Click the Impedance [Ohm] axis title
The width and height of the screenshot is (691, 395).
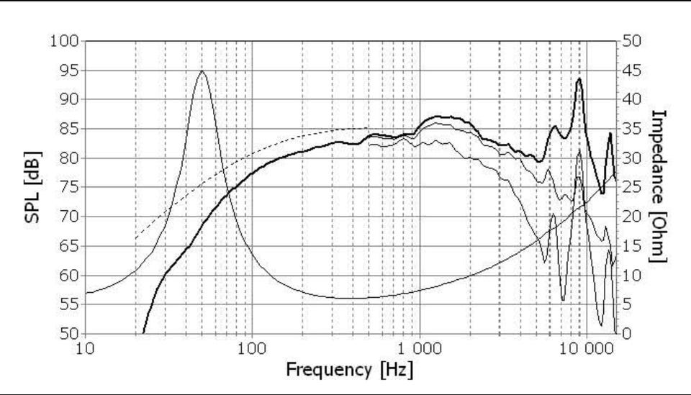(659, 186)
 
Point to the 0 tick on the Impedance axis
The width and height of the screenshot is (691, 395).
(627, 334)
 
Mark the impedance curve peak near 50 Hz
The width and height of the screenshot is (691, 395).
(202, 71)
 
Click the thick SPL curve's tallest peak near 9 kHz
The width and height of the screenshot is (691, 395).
(579, 79)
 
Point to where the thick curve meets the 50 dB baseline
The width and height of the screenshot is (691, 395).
(144, 333)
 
